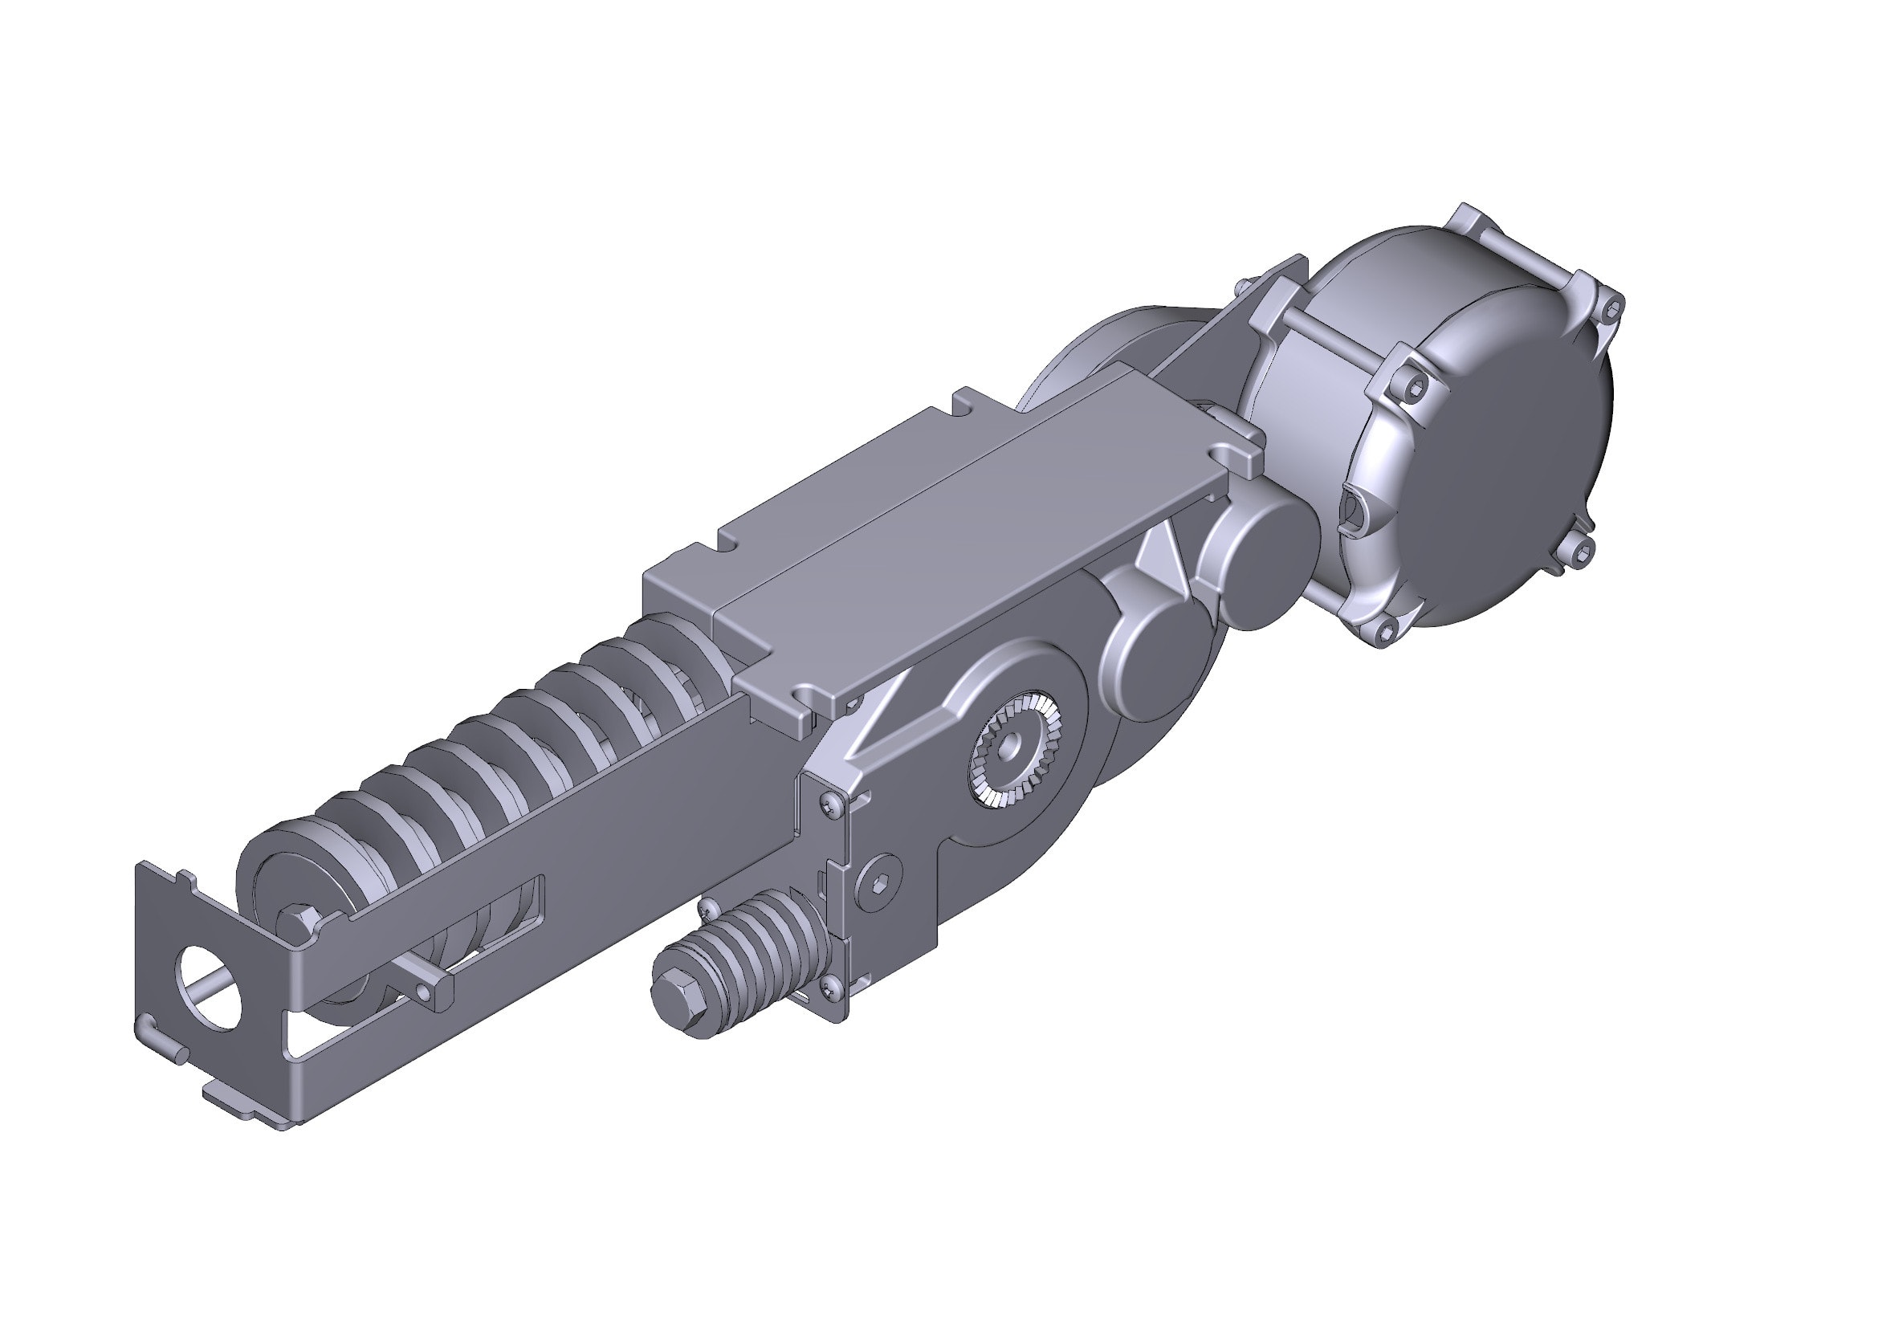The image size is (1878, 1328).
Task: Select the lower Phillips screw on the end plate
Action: pos(831,988)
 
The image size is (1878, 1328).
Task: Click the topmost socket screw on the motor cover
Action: pos(1611,309)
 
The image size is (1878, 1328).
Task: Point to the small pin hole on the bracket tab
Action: pos(423,992)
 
